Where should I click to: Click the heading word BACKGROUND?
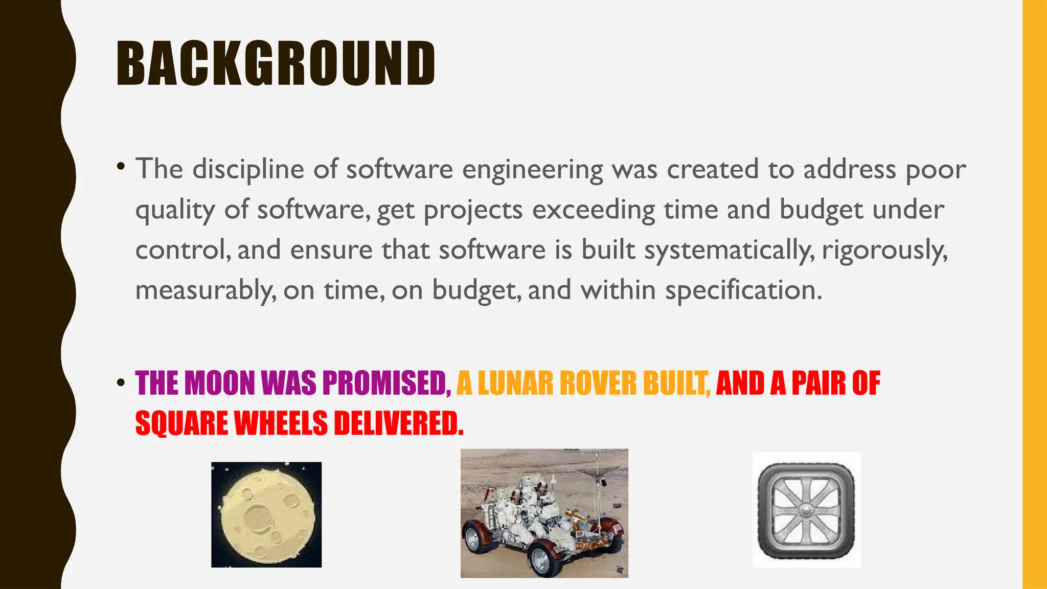click(x=276, y=63)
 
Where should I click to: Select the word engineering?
click(x=533, y=170)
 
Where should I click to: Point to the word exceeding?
click(x=594, y=210)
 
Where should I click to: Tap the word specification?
click(x=743, y=290)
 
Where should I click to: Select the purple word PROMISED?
click(x=386, y=383)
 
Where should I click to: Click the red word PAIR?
click(x=818, y=383)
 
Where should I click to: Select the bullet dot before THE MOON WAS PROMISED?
click(x=121, y=383)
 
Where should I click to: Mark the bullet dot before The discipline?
click(x=121, y=166)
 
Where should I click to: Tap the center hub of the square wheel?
click(x=806, y=509)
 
